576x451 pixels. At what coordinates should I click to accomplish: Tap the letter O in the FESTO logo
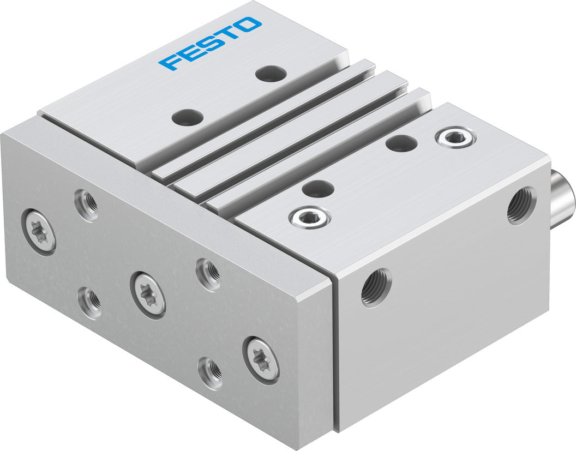click(249, 24)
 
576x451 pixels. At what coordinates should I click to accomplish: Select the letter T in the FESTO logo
click(229, 33)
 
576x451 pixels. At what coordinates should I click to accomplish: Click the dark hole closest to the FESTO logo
click(271, 73)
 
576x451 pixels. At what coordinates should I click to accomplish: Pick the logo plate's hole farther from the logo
click(187, 116)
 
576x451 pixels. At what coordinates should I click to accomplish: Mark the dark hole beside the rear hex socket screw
click(401, 143)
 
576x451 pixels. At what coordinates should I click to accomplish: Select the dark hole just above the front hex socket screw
click(317, 189)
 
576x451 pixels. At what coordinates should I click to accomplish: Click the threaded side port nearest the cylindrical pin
click(521, 206)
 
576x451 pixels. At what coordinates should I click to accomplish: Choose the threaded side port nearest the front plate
click(376, 287)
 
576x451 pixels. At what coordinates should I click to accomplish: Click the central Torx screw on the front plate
click(148, 294)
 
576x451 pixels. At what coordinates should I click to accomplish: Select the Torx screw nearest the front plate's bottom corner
click(261, 359)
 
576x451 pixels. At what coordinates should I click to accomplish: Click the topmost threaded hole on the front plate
click(87, 205)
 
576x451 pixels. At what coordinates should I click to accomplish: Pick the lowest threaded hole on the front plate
click(211, 373)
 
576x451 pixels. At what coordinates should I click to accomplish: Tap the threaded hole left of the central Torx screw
click(89, 302)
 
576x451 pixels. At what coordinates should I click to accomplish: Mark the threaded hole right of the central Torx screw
click(208, 274)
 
